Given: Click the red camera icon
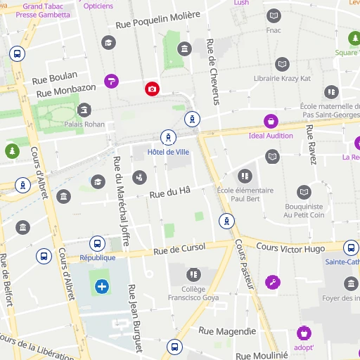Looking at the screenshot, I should click(x=152, y=89).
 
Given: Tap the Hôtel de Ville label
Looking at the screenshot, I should click(x=168, y=151).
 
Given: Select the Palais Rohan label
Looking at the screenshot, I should click(x=84, y=124).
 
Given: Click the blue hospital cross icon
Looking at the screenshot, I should click(x=102, y=286).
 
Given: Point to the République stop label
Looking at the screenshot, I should click(x=98, y=257).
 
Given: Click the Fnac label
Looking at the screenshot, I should click(x=274, y=30).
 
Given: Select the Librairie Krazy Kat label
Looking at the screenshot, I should click(x=282, y=78).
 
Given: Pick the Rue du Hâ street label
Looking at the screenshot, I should click(x=169, y=191).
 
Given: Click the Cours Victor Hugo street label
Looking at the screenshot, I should click(x=290, y=247).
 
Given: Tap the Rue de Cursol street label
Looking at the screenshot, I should click(x=179, y=248).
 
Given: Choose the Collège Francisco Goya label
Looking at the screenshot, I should click(x=193, y=293).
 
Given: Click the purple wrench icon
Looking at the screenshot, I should click(x=273, y=283).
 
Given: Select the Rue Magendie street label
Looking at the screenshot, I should click(x=227, y=330).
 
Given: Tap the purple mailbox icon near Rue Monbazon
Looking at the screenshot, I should click(x=111, y=82).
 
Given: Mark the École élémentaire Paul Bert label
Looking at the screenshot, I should click(x=245, y=194).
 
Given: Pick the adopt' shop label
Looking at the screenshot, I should click(x=304, y=347).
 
